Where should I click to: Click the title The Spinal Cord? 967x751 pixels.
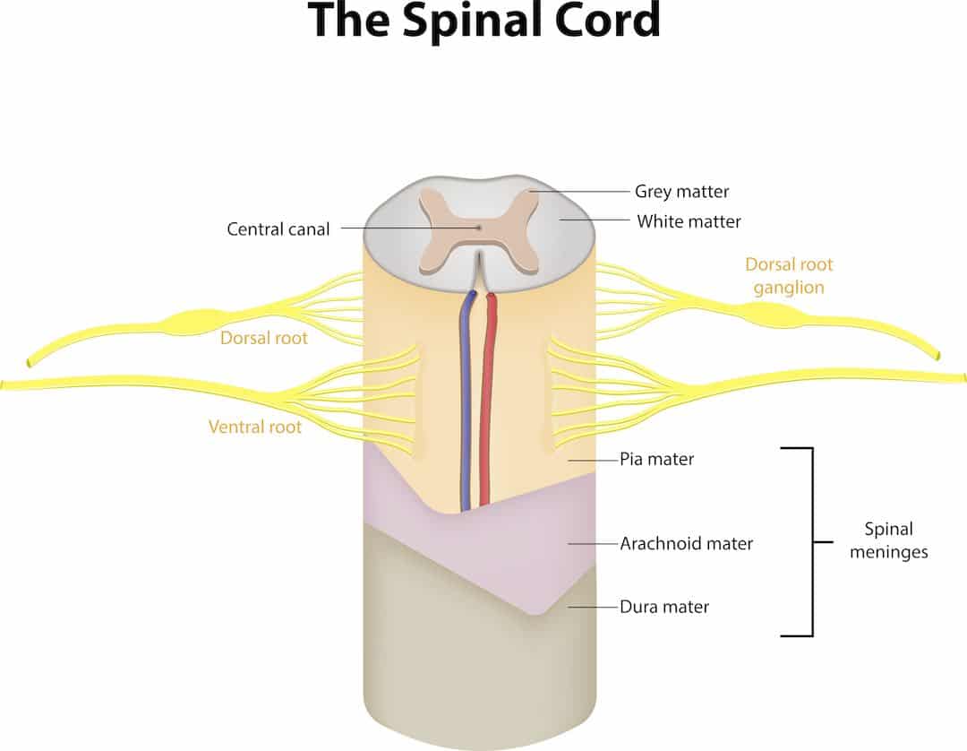tap(484, 21)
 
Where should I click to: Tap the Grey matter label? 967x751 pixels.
tap(681, 191)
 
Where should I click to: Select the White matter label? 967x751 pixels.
tap(689, 221)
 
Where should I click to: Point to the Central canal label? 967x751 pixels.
tap(278, 229)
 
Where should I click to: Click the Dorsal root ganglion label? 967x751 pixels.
tap(789, 276)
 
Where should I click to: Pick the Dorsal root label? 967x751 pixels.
tap(264, 338)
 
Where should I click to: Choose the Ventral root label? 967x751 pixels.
tap(254, 427)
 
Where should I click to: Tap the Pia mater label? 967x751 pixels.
tap(657, 459)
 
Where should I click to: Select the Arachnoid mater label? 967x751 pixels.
tap(687, 544)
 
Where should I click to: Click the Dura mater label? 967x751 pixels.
tap(664, 607)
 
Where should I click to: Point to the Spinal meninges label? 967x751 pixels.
tap(889, 540)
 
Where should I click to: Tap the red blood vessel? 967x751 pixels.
tap(487, 399)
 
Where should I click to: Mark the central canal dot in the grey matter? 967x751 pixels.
tap(479, 228)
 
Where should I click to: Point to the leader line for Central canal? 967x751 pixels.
tap(409, 228)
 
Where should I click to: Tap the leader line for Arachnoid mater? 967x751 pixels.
tap(593, 544)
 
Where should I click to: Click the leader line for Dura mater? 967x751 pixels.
tap(593, 607)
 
